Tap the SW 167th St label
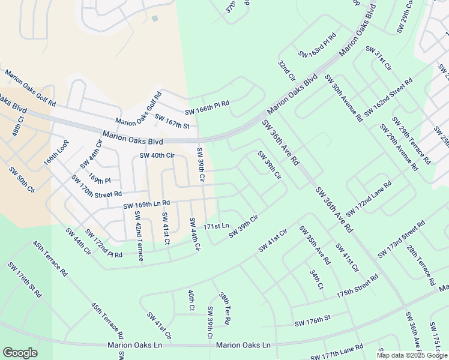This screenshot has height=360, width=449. click(172, 121)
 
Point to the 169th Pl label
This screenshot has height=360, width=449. click(100, 179)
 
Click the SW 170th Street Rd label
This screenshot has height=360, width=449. click(96, 186)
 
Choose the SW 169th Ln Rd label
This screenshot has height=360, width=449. click(147, 205)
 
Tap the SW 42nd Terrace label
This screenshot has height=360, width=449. click(139, 236)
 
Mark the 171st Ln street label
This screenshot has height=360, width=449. click(216, 227)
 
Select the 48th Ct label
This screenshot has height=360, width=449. click(16, 127)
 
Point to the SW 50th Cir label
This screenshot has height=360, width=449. click(22, 179)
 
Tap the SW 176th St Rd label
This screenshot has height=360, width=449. click(25, 280)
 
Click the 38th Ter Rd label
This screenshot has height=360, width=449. click(224, 309)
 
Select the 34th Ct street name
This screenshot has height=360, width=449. click(317, 280)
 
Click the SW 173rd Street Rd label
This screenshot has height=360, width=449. click(402, 239)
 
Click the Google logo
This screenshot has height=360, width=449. click(20, 353)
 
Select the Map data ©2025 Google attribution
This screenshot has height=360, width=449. click(412, 355)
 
